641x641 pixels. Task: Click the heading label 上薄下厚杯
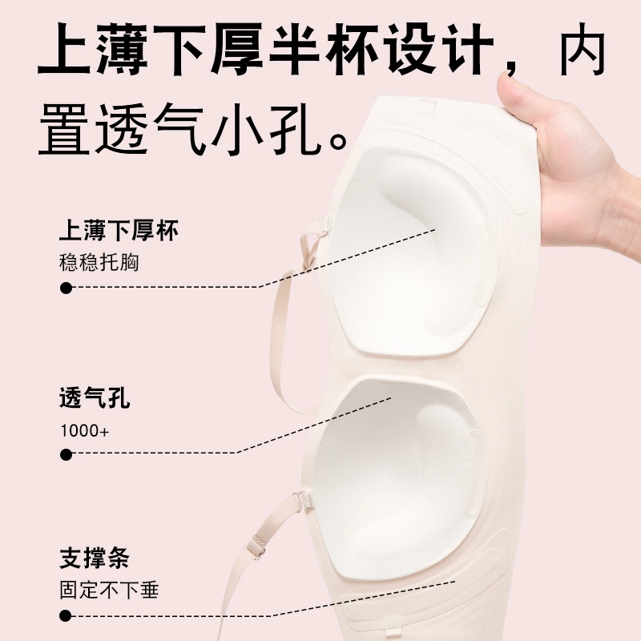click(x=119, y=231)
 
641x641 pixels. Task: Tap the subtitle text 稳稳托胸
click(x=99, y=262)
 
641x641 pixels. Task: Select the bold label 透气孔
click(x=95, y=397)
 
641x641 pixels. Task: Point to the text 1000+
click(x=85, y=430)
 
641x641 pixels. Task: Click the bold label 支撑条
click(x=95, y=558)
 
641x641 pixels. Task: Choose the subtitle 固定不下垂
click(x=109, y=590)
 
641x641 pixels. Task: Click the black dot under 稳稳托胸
click(x=66, y=288)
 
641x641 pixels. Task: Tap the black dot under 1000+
click(x=66, y=454)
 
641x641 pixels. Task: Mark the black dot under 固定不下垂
click(x=66, y=615)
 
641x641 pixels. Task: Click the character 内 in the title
click(x=583, y=50)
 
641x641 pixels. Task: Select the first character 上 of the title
click(x=64, y=50)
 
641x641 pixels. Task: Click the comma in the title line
click(x=512, y=67)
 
